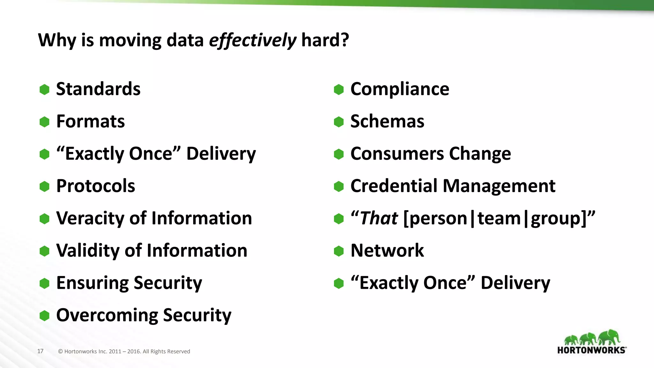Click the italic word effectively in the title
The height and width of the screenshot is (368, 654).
(252, 41)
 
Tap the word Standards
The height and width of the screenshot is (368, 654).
(98, 89)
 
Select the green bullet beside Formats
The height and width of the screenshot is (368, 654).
(44, 122)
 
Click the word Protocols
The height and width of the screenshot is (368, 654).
(95, 186)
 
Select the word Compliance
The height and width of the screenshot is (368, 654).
(400, 89)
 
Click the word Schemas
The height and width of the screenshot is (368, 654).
(387, 121)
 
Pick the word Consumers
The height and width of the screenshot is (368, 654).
(397, 154)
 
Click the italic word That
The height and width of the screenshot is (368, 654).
(379, 218)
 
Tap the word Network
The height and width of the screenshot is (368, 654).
(387, 250)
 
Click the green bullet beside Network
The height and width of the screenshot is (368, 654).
(338, 251)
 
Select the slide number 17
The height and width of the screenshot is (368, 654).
(40, 351)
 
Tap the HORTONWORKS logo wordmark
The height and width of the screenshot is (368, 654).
(591, 350)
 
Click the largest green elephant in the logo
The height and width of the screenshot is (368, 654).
(609, 337)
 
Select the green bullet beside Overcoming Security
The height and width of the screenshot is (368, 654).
(44, 316)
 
